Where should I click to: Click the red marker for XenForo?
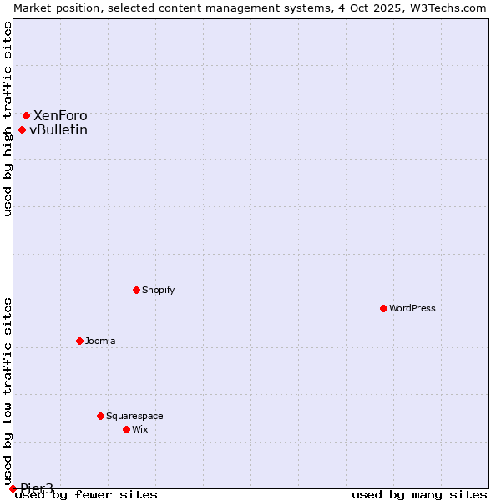[x=26, y=115]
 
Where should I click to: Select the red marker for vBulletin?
[x=22, y=129]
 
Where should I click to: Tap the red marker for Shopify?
[x=136, y=290]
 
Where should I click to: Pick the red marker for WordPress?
[x=383, y=308]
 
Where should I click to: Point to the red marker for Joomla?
[x=79, y=341]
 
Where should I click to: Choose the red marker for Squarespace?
[x=100, y=416]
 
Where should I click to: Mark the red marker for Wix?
[x=126, y=429]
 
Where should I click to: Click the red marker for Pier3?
[x=13, y=488]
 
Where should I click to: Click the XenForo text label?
[x=60, y=115]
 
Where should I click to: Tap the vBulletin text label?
[x=58, y=129]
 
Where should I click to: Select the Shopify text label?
[x=158, y=290]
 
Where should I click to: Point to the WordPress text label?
[x=412, y=308]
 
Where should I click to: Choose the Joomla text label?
[x=100, y=341]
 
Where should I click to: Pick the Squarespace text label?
[x=134, y=416]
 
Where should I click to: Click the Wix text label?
[x=139, y=429]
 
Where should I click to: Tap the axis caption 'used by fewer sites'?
[x=86, y=494]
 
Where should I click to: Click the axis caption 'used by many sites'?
[x=419, y=494]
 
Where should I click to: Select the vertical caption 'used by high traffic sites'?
[x=8, y=119]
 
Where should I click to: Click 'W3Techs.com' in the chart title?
[x=450, y=8]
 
